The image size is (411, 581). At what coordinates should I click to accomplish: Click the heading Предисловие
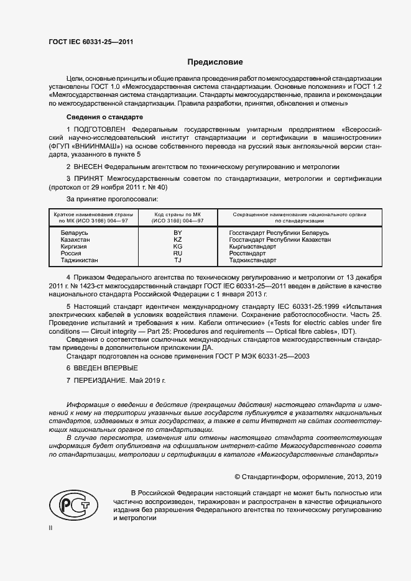coord(215,62)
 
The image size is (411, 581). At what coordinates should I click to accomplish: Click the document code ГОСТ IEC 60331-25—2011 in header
coord(91,42)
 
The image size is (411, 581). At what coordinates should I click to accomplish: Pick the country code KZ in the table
coord(178,239)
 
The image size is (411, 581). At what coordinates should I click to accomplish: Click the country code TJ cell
coord(178,260)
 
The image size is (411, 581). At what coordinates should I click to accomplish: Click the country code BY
coord(178,232)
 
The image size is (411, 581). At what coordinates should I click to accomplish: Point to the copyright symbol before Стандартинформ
coord(238,477)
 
